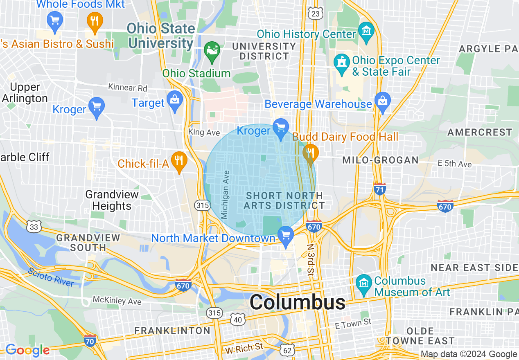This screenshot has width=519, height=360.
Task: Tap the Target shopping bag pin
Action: point(175,101)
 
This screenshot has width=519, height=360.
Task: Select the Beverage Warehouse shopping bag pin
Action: point(383,102)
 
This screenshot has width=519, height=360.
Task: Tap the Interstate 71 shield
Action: point(380,189)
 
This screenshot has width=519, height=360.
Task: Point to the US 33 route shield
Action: point(34,226)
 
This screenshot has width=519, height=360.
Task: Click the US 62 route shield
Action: point(287,350)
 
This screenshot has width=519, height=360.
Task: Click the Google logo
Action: point(27,350)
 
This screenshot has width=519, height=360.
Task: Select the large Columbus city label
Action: point(297,303)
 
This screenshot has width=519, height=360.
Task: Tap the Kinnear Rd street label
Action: point(127,88)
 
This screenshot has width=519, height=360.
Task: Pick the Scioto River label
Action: point(51,277)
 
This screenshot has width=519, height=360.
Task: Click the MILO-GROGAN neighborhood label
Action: point(380,160)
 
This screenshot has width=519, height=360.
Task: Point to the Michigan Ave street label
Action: point(225,194)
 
